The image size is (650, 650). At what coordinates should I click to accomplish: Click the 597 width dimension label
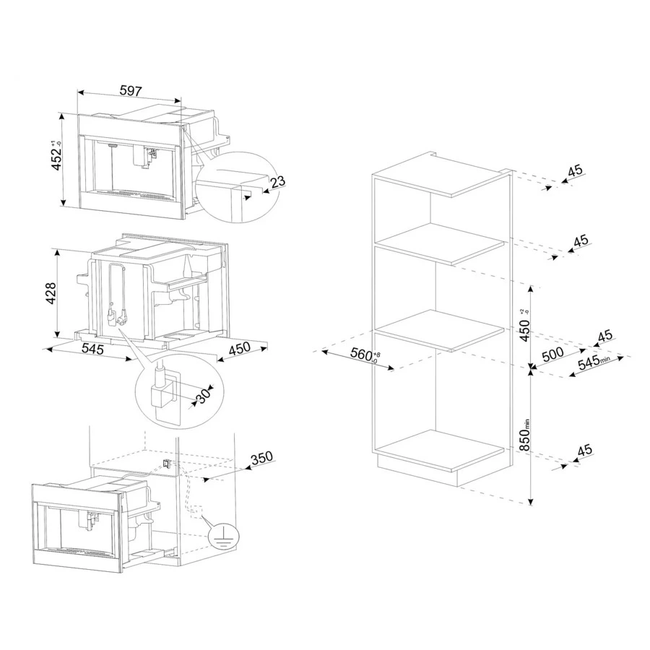coord(130,91)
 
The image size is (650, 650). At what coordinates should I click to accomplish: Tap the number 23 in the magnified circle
coord(277,181)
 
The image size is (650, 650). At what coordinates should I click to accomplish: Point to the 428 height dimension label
coord(51,292)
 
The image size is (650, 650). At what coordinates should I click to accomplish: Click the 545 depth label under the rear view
coord(92,349)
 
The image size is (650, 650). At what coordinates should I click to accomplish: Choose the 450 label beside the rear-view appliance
coord(239,348)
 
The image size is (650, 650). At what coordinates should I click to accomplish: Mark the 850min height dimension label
coord(525,435)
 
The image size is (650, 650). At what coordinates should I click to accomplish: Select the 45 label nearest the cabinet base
coord(584,450)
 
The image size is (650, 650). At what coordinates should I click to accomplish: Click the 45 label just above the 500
coord(604,335)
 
